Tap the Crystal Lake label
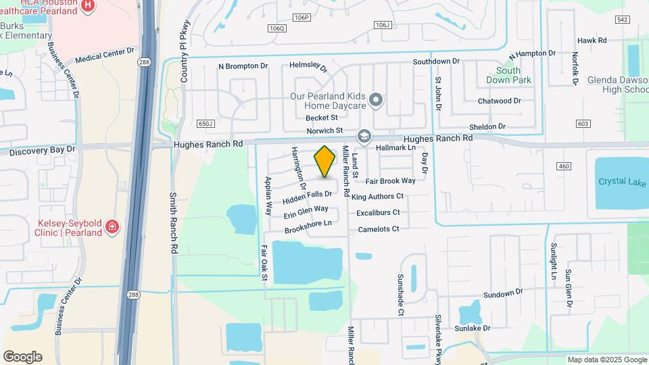(x=621, y=181)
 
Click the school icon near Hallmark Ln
(x=364, y=137)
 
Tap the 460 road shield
(x=564, y=166)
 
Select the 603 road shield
(x=583, y=124)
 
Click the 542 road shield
(x=622, y=20)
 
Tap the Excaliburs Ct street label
(x=379, y=212)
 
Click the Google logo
(x=22, y=357)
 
